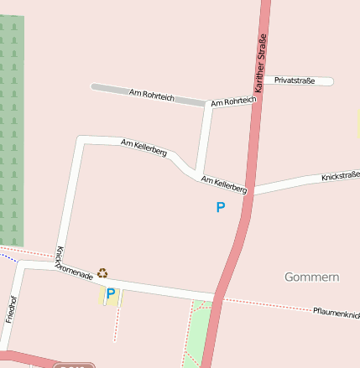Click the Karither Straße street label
pos(260,62)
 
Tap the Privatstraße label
pos(295,80)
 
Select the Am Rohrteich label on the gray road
pos(152,96)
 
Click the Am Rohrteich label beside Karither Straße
pos(233,101)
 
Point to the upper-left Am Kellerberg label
pos(143,148)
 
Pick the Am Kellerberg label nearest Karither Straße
pos(224,184)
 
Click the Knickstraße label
pos(340,176)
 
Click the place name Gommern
pos(311,277)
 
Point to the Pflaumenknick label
pos(336,312)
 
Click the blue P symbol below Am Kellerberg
pos(221,207)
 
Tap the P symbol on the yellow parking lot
pos(110,294)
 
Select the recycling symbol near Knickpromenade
pos(102,272)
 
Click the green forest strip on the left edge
pos(11,126)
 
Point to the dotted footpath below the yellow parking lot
pos(116,323)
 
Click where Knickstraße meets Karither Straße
pos(251,190)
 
